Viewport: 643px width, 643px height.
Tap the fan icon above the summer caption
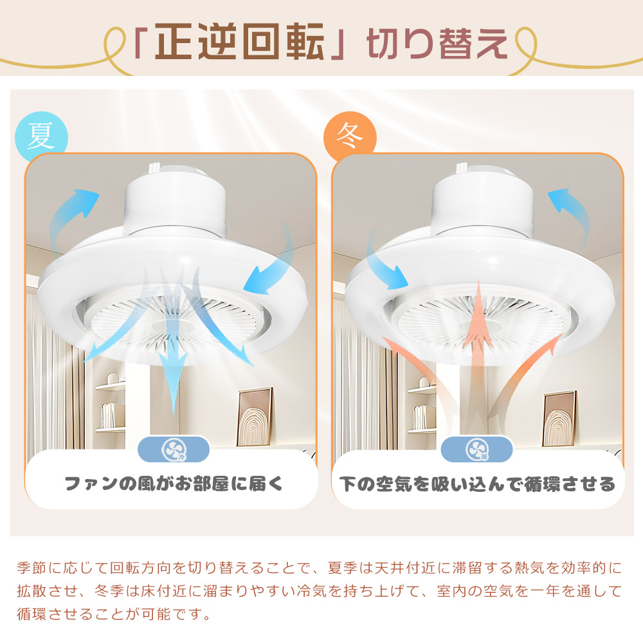174,448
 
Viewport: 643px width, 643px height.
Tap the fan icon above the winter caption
477,448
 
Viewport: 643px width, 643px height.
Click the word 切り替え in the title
437,44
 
